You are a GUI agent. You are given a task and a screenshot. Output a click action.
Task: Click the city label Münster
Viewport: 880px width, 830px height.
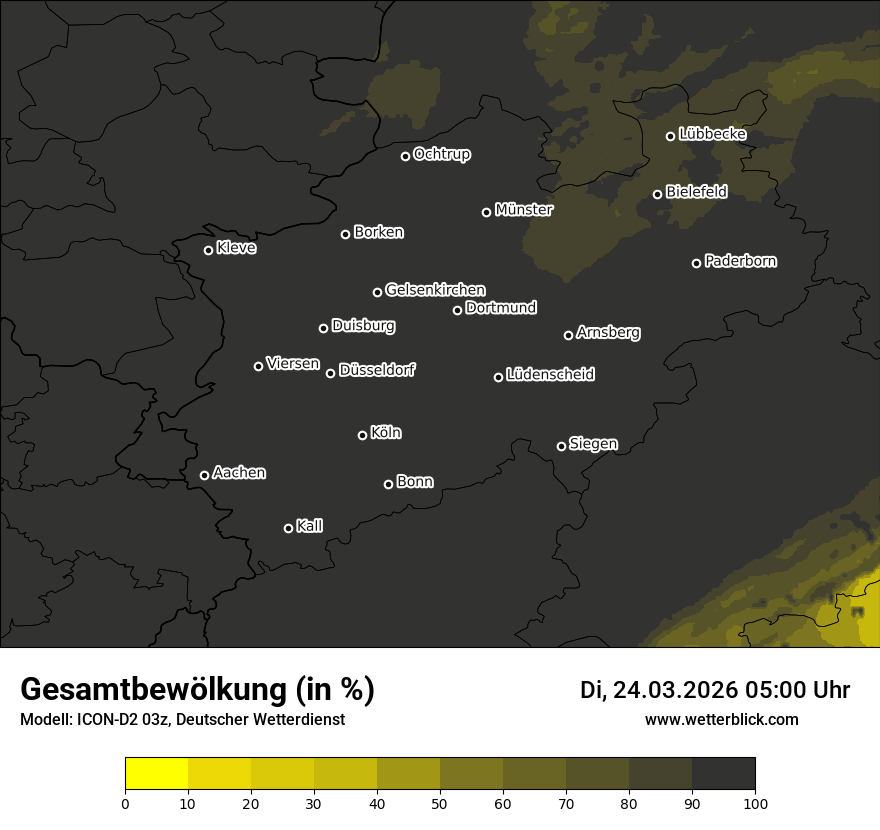pos(524,210)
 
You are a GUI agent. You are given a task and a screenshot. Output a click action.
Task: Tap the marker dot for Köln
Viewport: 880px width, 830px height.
pos(362,435)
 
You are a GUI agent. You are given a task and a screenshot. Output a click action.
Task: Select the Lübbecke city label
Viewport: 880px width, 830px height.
pos(712,134)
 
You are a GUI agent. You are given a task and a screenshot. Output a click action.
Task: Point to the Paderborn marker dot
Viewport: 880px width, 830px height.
pos(697,263)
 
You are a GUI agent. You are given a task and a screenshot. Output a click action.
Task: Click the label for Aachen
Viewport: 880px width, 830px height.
pos(239,473)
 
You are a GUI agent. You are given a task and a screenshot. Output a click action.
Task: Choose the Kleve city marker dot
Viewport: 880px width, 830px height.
pos(209,250)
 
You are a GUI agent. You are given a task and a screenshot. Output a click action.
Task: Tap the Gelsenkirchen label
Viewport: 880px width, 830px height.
pos(435,290)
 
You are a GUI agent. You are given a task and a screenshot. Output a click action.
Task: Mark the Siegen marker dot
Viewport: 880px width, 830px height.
pos(561,446)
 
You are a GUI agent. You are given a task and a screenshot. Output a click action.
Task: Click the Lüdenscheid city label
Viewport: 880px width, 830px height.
pos(550,375)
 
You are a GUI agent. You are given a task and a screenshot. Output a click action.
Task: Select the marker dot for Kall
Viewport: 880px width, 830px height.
pos(289,528)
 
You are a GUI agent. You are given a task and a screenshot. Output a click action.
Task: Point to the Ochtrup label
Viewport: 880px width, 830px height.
pos(441,154)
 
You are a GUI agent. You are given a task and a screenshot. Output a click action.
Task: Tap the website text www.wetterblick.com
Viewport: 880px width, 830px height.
pos(721,719)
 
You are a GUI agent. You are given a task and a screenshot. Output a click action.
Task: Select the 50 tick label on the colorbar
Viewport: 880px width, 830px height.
pos(440,802)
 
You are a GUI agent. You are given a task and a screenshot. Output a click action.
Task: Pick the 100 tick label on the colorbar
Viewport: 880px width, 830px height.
pos(755,802)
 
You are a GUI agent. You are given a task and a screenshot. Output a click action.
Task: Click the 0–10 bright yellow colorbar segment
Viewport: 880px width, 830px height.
pos(157,773)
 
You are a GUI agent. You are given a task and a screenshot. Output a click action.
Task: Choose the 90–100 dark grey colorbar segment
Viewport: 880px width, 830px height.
pos(723,773)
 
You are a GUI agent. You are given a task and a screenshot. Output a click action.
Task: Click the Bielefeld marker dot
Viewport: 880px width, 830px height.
pos(658,194)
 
